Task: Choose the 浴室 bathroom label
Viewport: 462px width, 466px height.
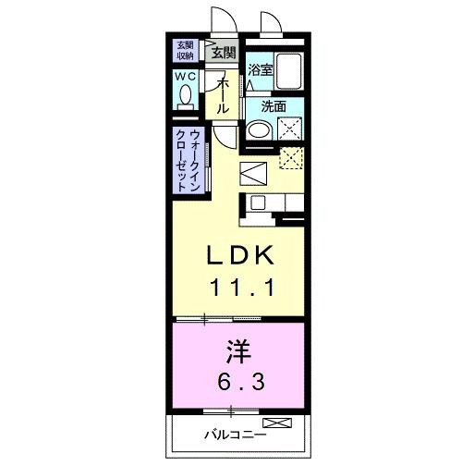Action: coord(260,69)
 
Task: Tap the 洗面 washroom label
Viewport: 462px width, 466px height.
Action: coord(274,106)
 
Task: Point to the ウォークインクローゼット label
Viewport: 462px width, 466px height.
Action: coord(188,159)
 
